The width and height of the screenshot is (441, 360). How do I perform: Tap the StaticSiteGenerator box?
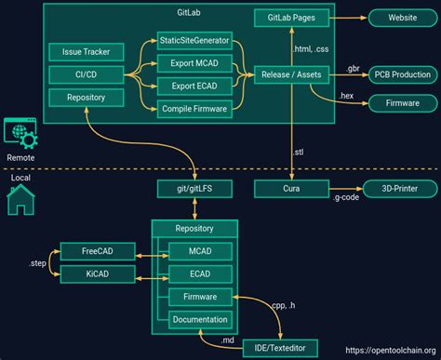pyautogui.click(x=194, y=42)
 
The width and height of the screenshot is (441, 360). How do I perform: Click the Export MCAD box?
pyautogui.click(x=194, y=63)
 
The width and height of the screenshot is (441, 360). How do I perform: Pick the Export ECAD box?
pyautogui.click(x=194, y=87)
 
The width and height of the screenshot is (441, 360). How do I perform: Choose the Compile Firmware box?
pyautogui.click(x=194, y=109)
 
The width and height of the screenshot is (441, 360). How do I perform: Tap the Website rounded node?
pyautogui.click(x=401, y=18)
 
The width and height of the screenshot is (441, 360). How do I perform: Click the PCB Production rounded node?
pyautogui.click(x=401, y=74)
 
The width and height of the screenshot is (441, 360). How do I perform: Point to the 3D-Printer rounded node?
pyautogui.click(x=401, y=189)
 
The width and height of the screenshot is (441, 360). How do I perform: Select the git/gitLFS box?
pyautogui.click(x=194, y=189)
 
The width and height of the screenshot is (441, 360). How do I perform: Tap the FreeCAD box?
pyautogui.click(x=98, y=251)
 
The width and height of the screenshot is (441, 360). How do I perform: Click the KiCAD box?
pyautogui.click(x=98, y=274)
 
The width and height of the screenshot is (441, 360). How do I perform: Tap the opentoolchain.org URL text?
pyautogui.click(x=390, y=351)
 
